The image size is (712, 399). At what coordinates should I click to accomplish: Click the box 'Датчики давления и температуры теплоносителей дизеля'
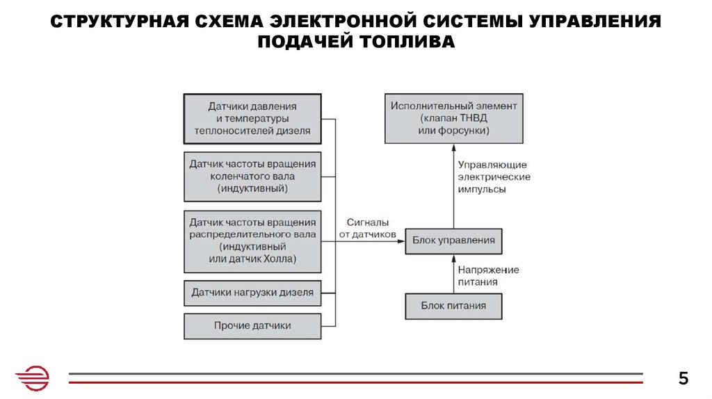[252, 118]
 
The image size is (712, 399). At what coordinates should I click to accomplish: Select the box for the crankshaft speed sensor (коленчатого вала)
[252, 176]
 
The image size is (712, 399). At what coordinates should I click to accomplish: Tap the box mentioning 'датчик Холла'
[252, 241]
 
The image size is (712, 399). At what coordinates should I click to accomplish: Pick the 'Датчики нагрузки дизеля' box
[252, 293]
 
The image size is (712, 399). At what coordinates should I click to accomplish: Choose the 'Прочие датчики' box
[252, 325]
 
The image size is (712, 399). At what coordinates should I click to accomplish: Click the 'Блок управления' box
[453, 241]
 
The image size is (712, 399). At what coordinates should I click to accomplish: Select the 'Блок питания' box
[453, 306]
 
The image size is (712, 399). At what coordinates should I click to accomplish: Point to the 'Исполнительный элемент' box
[453, 118]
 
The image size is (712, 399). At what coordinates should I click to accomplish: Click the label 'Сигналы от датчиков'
[367, 229]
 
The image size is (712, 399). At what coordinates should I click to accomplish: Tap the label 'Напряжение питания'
[487, 276]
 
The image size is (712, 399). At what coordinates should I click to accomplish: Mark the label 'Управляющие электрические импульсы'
[493, 177]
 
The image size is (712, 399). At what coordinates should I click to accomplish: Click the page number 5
[683, 379]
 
